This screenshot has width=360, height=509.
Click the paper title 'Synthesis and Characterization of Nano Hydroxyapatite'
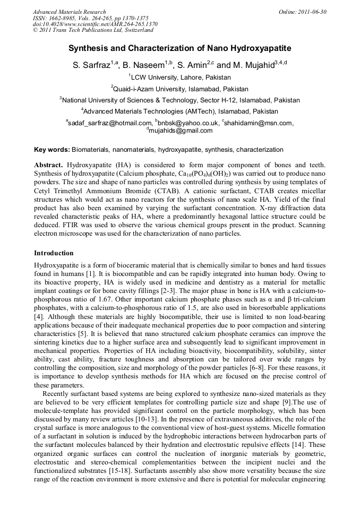tap(179, 48)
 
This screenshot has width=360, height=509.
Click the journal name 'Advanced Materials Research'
tap(69, 12)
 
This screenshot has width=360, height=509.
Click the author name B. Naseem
tap(145, 66)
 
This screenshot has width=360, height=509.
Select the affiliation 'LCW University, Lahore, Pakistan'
tap(181, 77)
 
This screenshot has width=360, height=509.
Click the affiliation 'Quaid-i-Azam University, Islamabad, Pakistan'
tap(181, 89)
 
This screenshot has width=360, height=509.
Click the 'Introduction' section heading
tap(54, 253)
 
